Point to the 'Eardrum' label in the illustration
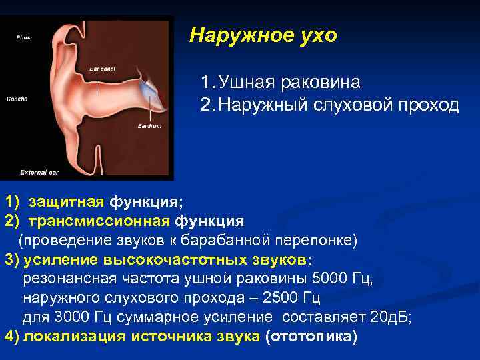147,126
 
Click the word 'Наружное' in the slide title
231,35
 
